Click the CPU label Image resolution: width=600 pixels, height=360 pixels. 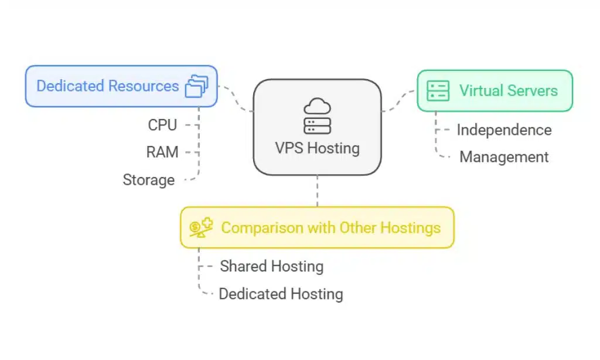(162, 125)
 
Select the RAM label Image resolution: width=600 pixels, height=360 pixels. (162, 152)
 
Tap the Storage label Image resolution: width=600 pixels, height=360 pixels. (148, 180)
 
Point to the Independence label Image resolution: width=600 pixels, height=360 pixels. (504, 130)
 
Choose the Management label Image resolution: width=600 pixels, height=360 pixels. (504, 157)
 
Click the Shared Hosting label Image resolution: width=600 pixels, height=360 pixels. (271, 266)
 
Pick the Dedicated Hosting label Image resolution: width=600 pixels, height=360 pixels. (281, 294)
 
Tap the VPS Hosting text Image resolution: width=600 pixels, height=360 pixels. (317, 148)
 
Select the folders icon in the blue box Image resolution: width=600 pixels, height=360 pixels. (196, 86)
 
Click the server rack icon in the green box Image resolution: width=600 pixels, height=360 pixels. (438, 90)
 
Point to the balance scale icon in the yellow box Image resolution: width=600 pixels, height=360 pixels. (201, 227)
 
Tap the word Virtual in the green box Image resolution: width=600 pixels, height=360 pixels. (479, 90)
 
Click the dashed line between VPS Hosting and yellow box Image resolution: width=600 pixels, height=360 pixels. (317, 191)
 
